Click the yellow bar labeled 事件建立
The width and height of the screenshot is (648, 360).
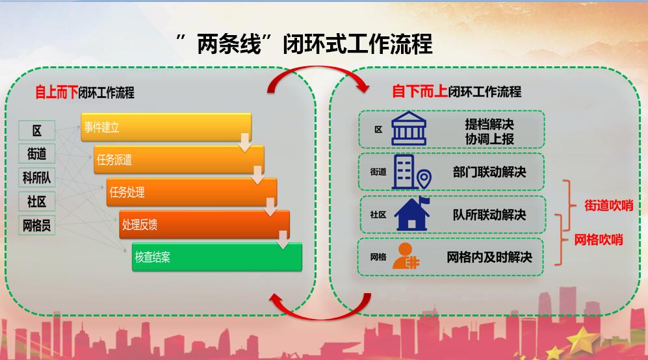pos(166,127)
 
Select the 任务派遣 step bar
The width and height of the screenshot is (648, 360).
pos(179,160)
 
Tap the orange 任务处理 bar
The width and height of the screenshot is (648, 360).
pos(192,192)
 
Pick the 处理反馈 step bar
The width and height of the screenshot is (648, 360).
pos(204,225)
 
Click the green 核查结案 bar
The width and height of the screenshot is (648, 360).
pos(217,257)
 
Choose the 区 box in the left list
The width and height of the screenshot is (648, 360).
pos(37,130)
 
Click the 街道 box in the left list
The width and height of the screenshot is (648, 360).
pos(37,154)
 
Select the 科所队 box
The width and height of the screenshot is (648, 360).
pos(37,177)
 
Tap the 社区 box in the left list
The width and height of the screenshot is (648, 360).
pos(37,201)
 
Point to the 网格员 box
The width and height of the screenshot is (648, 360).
pos(37,225)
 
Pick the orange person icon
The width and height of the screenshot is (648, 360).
pos(407,256)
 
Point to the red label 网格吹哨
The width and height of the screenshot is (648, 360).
pos(599,240)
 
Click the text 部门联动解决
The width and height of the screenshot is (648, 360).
pos(489,172)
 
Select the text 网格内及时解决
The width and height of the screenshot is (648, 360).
pos(489,257)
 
